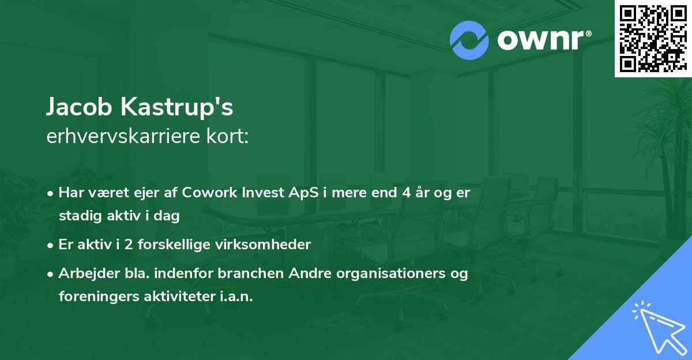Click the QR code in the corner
coord(653,39)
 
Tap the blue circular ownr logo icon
coord(469,40)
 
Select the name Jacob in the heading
coord(79,107)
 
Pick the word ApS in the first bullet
coord(303,193)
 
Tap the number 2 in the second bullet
coord(129,245)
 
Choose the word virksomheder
coord(263,245)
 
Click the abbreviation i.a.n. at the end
coord(236,297)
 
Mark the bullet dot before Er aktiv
coord(50,246)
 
